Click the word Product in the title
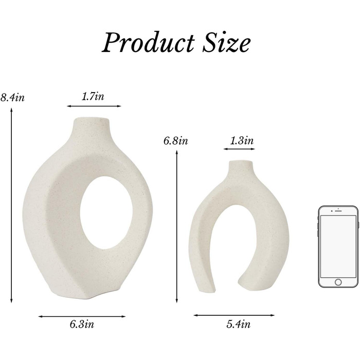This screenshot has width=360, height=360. pyautogui.click(x=148, y=43)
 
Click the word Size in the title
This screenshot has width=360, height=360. pyautogui.click(x=226, y=43)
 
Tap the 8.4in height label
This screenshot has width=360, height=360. pyautogui.click(x=12, y=97)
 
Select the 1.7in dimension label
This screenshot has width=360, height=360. pyautogui.click(x=93, y=96)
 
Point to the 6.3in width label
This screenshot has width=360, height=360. pyautogui.click(x=82, y=324)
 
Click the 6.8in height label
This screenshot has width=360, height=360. pyautogui.click(x=176, y=140)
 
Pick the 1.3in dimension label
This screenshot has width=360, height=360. pyautogui.click(x=242, y=140)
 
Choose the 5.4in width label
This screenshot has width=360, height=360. pyautogui.click(x=238, y=324)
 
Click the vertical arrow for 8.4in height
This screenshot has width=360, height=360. pyautogui.click(x=11, y=206)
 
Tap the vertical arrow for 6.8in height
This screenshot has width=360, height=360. pyautogui.click(x=176, y=226)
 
